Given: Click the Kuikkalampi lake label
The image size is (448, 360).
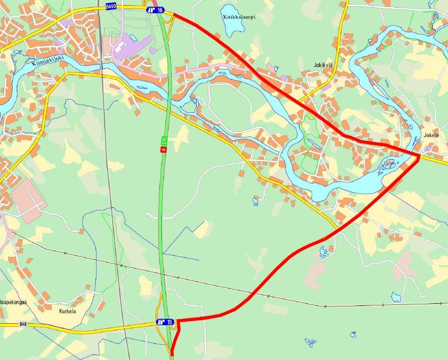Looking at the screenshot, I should (239, 17).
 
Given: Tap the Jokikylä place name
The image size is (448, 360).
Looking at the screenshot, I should (323, 65).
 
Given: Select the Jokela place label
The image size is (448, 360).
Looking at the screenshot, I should (431, 135).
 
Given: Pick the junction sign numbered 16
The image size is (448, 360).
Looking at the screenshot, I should (155, 10).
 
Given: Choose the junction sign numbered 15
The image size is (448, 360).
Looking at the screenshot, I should (165, 322).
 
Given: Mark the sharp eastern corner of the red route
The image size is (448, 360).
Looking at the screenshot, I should (419, 156).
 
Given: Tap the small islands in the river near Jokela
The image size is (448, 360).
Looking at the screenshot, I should (389, 165).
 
